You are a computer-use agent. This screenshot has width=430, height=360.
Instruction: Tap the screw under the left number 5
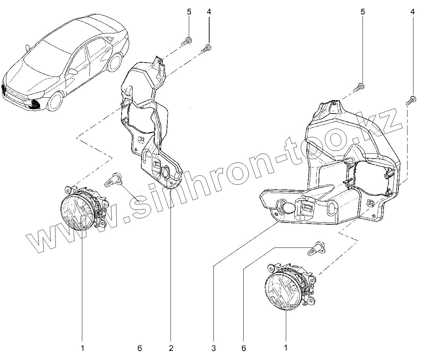pos(186,41)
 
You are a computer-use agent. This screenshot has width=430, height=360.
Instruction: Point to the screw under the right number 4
pos(411,100)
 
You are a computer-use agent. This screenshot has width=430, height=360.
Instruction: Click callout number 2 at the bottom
pos(171,348)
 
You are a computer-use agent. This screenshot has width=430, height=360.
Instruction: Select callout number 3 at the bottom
pos(213,348)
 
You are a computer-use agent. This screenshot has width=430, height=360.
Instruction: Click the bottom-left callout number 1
pos(83,348)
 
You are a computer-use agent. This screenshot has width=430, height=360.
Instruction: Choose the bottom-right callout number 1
pos(286,348)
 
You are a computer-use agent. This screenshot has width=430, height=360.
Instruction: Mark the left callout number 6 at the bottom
pos(140,348)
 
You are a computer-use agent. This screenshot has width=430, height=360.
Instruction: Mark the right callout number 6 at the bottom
pos(244,348)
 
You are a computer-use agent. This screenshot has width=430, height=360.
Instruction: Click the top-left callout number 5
pos(189,12)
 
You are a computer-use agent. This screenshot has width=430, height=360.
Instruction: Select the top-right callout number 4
pos(412,12)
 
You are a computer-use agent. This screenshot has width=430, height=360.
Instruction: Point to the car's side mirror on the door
pos(73,71)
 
